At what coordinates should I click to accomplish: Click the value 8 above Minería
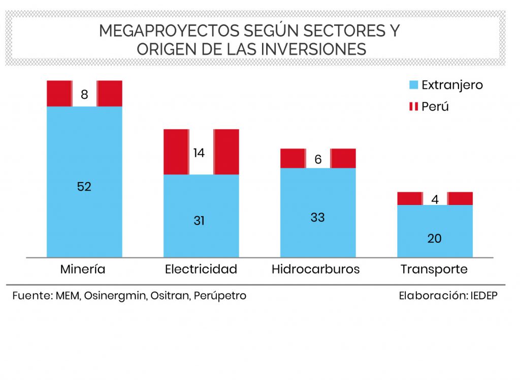point(84,94)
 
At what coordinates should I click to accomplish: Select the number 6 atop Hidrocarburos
point(318,159)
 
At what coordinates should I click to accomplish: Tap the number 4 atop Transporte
point(435,199)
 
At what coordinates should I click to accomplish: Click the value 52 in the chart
point(84,187)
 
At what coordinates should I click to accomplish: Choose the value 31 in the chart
point(199,221)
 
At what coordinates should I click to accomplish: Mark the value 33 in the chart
point(318,217)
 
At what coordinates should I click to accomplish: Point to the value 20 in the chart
point(435,238)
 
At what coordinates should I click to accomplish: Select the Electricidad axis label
point(201,269)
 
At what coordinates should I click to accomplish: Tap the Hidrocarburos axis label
point(316,269)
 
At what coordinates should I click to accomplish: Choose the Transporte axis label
point(434,269)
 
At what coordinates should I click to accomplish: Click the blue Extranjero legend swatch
point(413,85)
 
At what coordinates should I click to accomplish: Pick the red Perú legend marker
point(413,107)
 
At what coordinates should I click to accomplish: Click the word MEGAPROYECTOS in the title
point(170,31)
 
